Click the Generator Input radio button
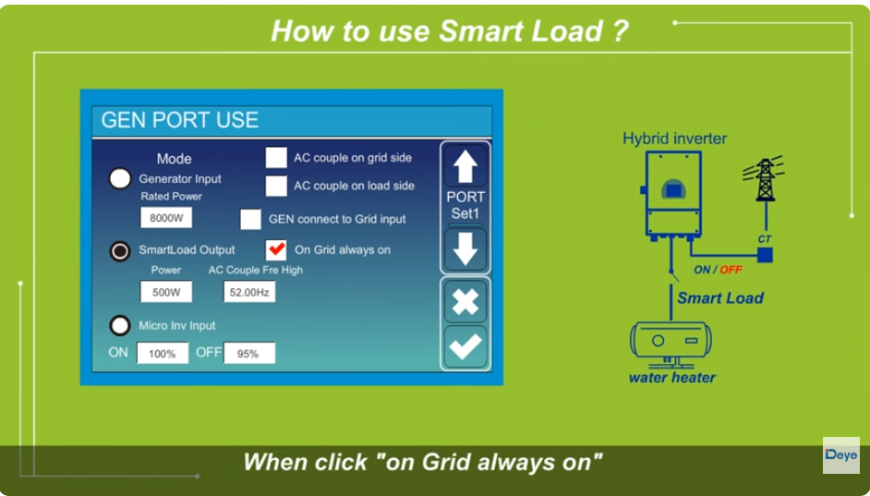point(120,179)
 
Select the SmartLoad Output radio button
point(120,250)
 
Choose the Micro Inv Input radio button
point(120,325)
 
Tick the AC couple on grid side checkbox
point(276,157)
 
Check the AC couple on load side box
point(276,186)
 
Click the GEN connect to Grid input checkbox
point(250,220)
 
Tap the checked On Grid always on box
point(276,249)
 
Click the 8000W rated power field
point(166,218)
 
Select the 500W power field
point(166,292)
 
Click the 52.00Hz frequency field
point(249,292)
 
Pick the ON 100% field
point(163,353)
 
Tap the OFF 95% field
point(248,353)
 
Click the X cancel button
point(465,301)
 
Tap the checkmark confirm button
point(465,346)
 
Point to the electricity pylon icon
point(764,179)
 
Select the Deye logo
point(840,455)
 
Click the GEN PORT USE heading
point(180,120)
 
